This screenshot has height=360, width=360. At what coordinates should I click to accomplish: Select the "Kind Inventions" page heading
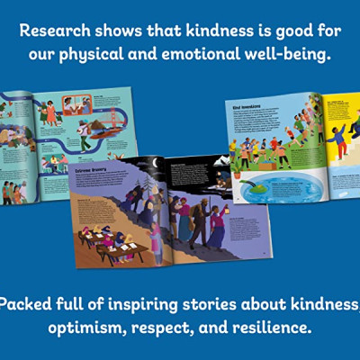coord(246,105)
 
